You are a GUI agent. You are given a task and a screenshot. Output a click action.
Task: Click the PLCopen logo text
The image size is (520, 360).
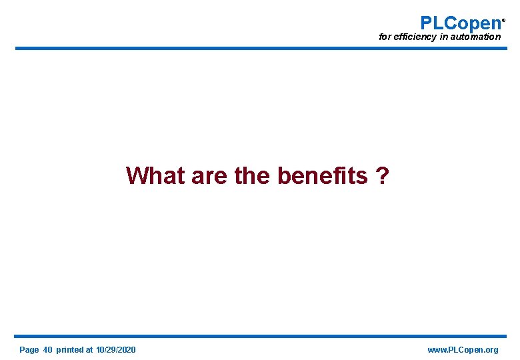coord(460,23)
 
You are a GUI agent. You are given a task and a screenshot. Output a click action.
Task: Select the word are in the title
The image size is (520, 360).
coord(209,176)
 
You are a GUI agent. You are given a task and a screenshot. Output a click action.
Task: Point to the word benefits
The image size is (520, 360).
coord(322,176)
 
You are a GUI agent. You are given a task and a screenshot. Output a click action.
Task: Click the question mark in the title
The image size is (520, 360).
coord(383,176)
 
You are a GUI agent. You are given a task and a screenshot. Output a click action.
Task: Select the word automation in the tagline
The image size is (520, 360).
coord(476,37)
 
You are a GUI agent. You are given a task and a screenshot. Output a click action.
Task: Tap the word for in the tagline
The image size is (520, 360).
coord(385,37)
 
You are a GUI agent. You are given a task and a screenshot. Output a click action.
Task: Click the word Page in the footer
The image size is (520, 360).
coord(29,350)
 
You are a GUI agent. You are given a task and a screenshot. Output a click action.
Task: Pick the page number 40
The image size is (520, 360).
coord(47,350)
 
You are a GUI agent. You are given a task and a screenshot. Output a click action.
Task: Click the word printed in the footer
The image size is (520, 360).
coord(70,350)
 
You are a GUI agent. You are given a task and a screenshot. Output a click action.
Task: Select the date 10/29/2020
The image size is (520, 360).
coord(116,350)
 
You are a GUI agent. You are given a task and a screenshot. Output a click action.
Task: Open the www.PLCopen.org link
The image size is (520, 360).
coord(462,350)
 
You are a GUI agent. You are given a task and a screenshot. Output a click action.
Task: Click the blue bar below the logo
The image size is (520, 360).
coord(260,48)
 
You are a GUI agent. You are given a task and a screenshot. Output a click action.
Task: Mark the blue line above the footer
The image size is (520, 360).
coord(260,336)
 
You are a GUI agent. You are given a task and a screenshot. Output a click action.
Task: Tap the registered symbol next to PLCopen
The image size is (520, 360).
coord(503,20)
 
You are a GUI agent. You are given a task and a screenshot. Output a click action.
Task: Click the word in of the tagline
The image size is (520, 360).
coord(443,37)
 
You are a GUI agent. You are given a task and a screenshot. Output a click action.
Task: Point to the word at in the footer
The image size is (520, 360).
coord(89,350)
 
